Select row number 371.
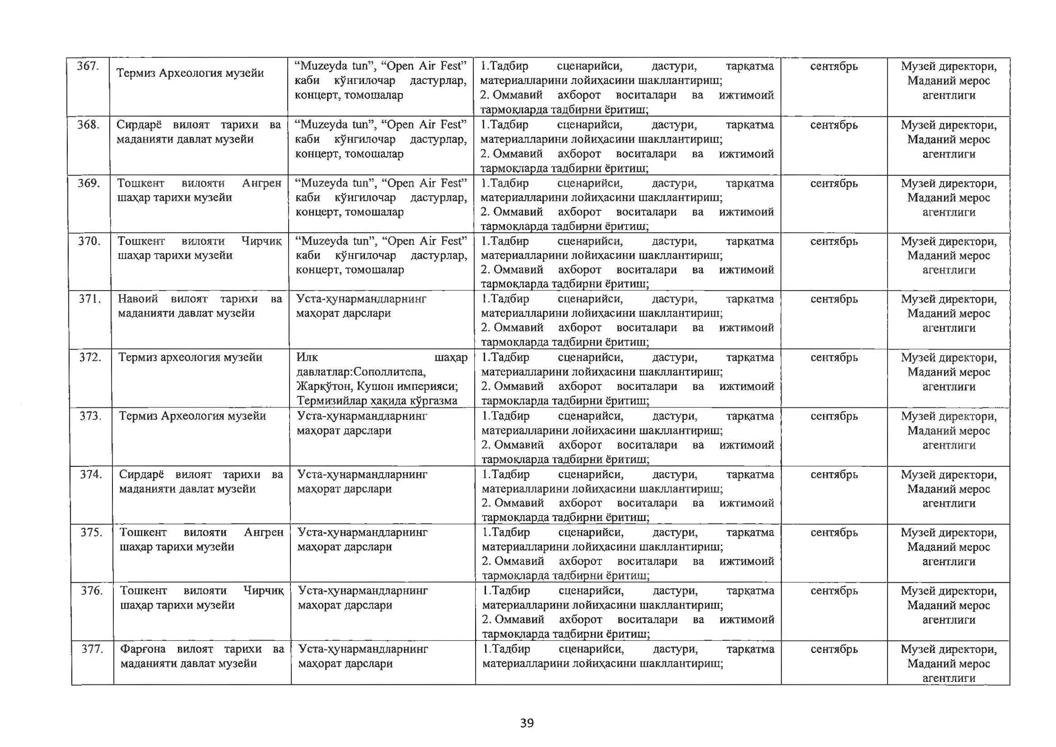point(90,299)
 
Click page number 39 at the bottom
point(527,723)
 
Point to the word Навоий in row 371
point(138,299)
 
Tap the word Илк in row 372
point(307,358)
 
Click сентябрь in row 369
point(834,183)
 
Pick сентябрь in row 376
point(834,591)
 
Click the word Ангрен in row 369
point(261,183)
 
